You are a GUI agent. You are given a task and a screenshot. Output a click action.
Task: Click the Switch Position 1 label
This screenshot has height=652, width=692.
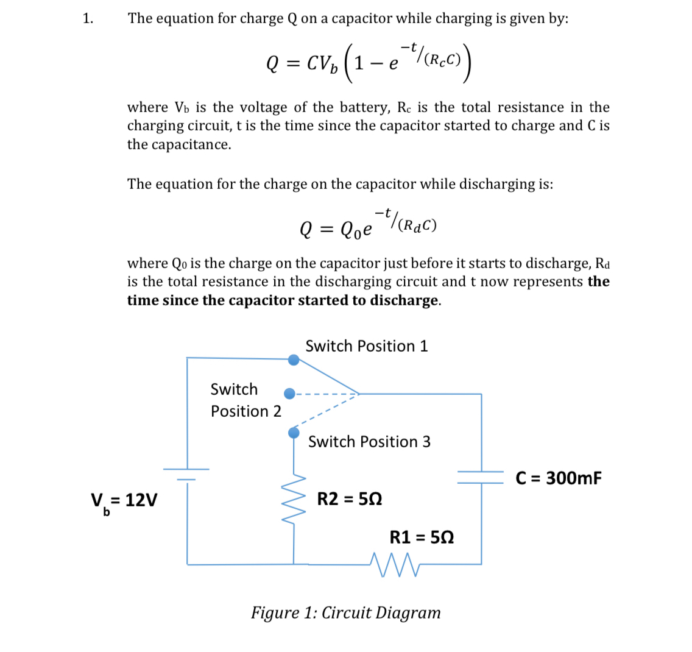tap(367, 346)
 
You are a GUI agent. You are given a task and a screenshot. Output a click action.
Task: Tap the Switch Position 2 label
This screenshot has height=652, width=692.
tap(245, 400)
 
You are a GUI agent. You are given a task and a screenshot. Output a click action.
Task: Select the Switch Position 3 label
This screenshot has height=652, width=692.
tap(369, 442)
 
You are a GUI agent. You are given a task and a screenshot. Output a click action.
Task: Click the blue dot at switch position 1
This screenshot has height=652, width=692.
tap(294, 360)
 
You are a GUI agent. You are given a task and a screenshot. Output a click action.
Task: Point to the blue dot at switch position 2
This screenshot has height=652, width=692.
tap(291, 394)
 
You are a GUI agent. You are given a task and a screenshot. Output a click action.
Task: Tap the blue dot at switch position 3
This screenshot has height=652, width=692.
tap(294, 433)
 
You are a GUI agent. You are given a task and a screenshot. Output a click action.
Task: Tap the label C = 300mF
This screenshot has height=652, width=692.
tap(559, 478)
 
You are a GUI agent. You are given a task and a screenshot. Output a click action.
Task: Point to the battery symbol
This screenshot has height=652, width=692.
tap(186, 473)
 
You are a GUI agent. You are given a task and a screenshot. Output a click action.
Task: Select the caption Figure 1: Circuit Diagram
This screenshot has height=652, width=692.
tap(345, 612)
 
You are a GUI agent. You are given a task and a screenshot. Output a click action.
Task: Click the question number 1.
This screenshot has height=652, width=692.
tap(88, 18)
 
